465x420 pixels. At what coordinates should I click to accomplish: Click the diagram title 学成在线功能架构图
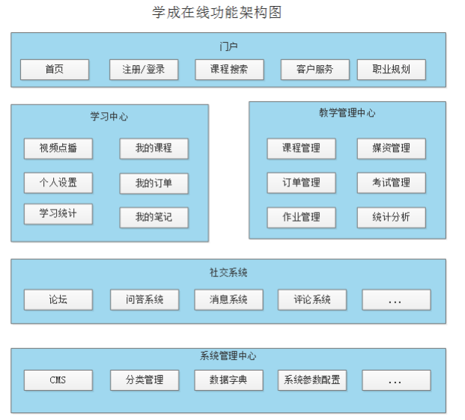216,13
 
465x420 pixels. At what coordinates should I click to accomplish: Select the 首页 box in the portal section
54,70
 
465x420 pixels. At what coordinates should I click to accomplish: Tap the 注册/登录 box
144,70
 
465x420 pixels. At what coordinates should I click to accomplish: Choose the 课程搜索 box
230,70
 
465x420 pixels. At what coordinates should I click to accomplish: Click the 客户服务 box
314,70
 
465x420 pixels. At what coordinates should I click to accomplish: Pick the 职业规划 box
391,70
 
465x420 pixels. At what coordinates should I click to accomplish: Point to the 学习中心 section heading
109,116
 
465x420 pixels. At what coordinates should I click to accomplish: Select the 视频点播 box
58,148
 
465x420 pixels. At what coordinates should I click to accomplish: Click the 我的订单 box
154,183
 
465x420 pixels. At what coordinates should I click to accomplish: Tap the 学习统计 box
58,214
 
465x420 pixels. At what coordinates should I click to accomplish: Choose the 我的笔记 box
154,218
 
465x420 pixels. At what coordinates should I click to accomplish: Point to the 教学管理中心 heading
347,113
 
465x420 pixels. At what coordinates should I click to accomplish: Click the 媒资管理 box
391,148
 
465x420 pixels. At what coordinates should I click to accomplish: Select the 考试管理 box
391,183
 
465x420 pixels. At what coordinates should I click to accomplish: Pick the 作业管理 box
301,217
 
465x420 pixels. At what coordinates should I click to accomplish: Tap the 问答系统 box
145,299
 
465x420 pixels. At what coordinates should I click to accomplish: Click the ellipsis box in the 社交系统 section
396,299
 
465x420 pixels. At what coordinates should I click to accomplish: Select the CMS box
58,380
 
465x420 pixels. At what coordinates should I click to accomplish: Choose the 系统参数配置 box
312,380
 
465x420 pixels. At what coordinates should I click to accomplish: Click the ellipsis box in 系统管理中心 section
396,380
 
